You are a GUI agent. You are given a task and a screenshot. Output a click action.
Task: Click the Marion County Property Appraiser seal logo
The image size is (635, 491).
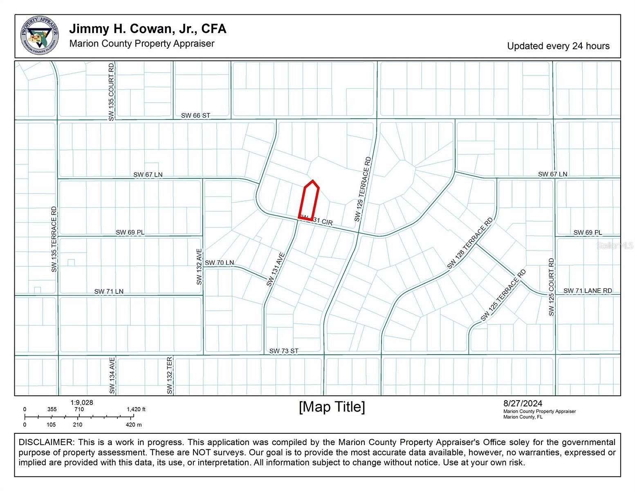[39, 36]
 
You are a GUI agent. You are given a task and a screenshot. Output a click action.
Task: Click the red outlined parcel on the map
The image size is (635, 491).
[310, 200]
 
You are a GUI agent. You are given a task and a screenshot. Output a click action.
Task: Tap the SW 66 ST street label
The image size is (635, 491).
[195, 115]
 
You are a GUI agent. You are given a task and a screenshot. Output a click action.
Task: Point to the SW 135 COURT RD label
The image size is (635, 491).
[111, 92]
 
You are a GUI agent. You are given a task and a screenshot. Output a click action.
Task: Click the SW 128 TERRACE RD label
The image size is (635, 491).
[470, 243]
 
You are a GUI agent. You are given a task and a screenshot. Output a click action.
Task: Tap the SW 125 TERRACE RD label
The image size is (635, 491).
[503, 295]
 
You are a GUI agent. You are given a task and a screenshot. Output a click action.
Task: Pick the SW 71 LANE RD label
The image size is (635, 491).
[587, 291]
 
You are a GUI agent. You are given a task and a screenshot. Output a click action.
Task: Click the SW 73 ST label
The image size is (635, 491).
[284, 351]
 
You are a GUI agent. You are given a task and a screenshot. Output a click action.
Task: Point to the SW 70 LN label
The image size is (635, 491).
[219, 263]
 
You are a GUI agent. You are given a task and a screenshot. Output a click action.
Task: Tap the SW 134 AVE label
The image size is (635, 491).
[112, 375]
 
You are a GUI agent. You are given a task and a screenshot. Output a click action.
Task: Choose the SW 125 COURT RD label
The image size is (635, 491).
[551, 287]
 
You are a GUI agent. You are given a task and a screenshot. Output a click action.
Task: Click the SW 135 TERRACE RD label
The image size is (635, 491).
[54, 239]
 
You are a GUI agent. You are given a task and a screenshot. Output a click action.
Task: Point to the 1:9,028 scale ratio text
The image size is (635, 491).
[81, 403]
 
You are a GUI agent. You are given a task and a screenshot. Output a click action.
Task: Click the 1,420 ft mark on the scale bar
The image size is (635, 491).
[136, 409]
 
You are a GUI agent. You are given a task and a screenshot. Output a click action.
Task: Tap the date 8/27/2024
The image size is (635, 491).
[523, 404]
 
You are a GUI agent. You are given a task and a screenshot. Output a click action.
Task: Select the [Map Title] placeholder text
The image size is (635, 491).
[332, 407]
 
